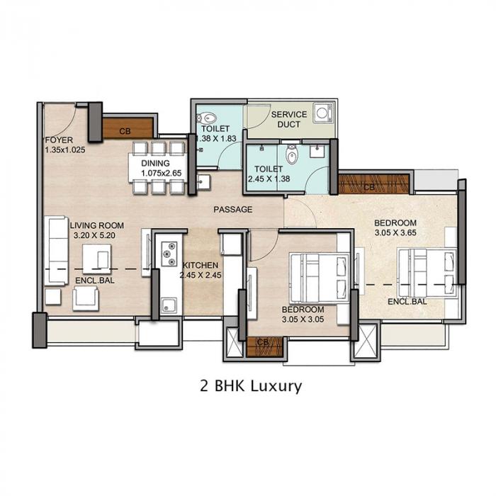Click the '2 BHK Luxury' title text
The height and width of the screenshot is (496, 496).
tap(252, 386)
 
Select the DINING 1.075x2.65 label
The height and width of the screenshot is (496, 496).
tap(157, 168)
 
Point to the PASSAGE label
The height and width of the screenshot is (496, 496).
tap(234, 210)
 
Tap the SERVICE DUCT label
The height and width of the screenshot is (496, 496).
tap(289, 119)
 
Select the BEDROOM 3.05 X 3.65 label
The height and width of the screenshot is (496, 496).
tap(398, 227)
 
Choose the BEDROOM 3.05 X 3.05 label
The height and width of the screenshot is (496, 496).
tap(303, 315)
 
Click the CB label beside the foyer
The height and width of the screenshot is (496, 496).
tap(125, 131)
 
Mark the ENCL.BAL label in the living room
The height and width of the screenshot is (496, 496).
tap(94, 280)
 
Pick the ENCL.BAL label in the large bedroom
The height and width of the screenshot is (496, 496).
tap(407, 302)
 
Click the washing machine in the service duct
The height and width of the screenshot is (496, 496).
tap(323, 113)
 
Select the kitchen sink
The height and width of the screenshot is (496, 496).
tap(169, 305)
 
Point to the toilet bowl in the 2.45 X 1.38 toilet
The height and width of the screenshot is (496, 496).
tap(291, 155)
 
